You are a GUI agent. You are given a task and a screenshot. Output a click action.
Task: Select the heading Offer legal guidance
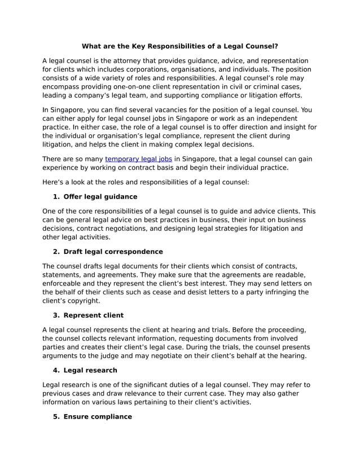pyautogui.click(x=100, y=196)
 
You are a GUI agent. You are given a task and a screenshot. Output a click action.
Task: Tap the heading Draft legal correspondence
pyautogui.click(x=113, y=251)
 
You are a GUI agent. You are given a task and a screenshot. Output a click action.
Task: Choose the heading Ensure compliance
pyautogui.click(x=98, y=416)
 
